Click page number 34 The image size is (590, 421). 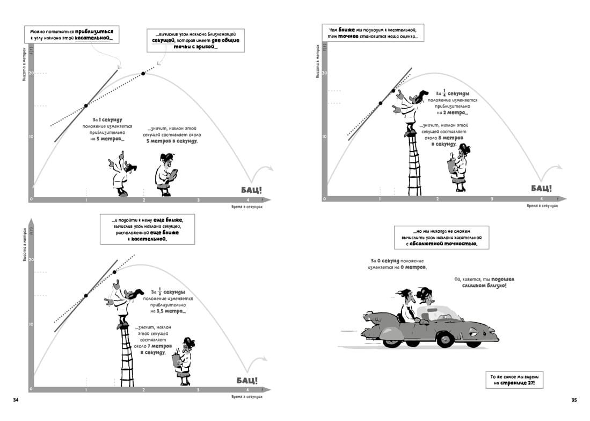pyautogui.click(x=16, y=399)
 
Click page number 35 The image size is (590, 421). pyautogui.click(x=574, y=399)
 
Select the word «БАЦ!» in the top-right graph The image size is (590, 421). pyautogui.click(x=541, y=188)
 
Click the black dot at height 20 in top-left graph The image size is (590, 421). pyautogui.click(x=143, y=74)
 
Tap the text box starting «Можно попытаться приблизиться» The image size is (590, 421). pyautogui.click(x=71, y=35)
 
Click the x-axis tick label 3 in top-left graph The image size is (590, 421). pyautogui.click(x=199, y=200)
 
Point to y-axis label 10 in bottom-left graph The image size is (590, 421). pyautogui.click(x=31, y=325)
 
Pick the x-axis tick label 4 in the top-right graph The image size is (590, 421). pyautogui.click(x=541, y=199)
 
